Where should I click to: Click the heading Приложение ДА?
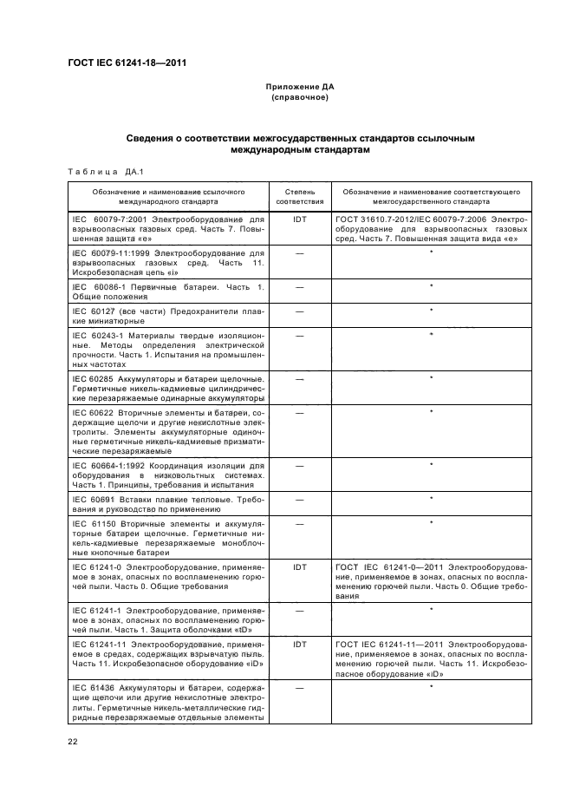[300, 88]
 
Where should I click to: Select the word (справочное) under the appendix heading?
[300, 98]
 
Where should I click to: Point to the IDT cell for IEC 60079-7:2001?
[300, 220]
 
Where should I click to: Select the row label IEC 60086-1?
[96, 286]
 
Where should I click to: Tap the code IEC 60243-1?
[96, 335]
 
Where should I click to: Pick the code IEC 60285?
[90, 378]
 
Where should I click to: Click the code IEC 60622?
[90, 412]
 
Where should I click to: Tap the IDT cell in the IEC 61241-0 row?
[300, 566]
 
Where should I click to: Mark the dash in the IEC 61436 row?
[300, 688]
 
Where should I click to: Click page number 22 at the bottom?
[73, 740]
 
